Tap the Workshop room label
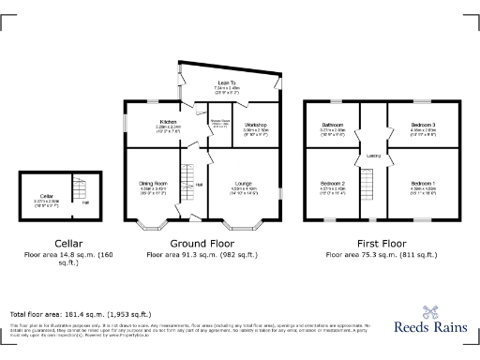(257, 125)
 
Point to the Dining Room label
(154, 183)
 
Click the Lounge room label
(243, 184)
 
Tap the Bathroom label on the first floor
(334, 124)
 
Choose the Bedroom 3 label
(425, 124)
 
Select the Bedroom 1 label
(424, 183)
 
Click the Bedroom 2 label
(334, 183)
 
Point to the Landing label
(372, 157)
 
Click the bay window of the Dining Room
(150, 226)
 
